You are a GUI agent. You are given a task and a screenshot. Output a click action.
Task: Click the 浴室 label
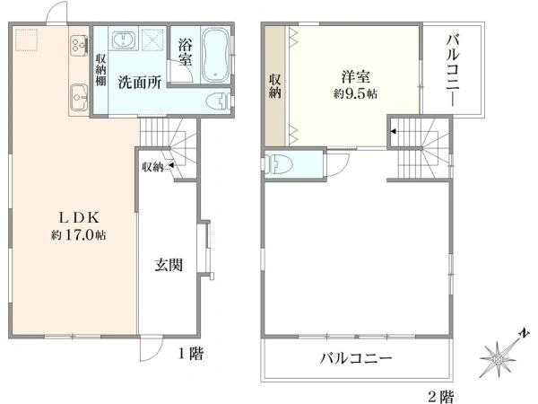[x=185, y=51]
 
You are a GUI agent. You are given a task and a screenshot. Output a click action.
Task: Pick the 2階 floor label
[x=441, y=394]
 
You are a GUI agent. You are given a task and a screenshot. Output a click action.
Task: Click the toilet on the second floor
[x=279, y=164]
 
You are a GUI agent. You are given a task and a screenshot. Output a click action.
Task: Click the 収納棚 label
[x=100, y=70]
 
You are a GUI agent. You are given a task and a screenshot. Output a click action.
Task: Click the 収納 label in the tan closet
[x=275, y=85]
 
